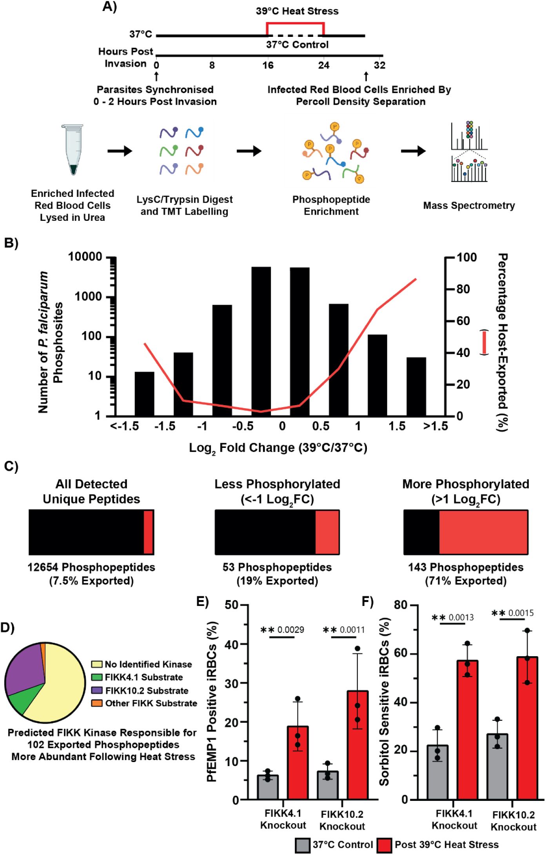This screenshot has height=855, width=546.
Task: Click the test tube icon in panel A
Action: (x=73, y=149)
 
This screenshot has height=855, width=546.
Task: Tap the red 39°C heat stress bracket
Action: (x=295, y=24)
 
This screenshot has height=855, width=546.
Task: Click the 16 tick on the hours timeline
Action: (x=268, y=65)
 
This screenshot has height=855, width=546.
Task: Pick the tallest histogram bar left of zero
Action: (x=261, y=341)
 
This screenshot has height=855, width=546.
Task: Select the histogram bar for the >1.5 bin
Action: (x=416, y=386)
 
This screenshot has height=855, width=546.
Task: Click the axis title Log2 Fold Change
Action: (x=278, y=448)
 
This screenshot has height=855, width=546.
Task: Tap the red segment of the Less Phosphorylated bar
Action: (x=327, y=532)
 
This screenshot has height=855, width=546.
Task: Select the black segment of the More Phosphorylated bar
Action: (x=421, y=532)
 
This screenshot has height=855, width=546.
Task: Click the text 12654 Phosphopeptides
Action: (x=91, y=567)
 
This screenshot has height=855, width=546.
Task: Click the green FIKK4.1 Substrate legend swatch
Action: (x=97, y=677)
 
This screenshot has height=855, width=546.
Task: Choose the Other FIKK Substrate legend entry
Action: (x=151, y=703)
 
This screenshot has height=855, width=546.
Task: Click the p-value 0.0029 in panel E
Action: (x=290, y=630)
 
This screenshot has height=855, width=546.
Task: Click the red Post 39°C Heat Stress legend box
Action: (x=384, y=846)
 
